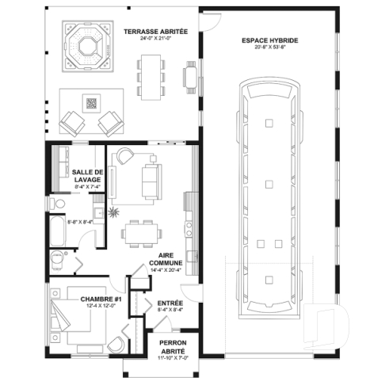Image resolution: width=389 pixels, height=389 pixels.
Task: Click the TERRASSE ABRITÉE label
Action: click(x=155, y=31)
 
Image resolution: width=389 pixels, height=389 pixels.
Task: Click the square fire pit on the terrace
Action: click(x=91, y=102)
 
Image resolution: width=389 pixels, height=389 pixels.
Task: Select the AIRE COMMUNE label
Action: click(x=165, y=257)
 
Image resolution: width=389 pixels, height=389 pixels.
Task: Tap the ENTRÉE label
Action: click(x=170, y=303)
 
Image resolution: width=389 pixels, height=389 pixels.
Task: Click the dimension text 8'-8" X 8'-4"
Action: click(x=80, y=223)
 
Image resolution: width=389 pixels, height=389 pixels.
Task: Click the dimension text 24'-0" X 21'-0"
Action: click(x=155, y=38)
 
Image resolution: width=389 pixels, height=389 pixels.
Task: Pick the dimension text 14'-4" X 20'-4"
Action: click(x=165, y=270)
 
